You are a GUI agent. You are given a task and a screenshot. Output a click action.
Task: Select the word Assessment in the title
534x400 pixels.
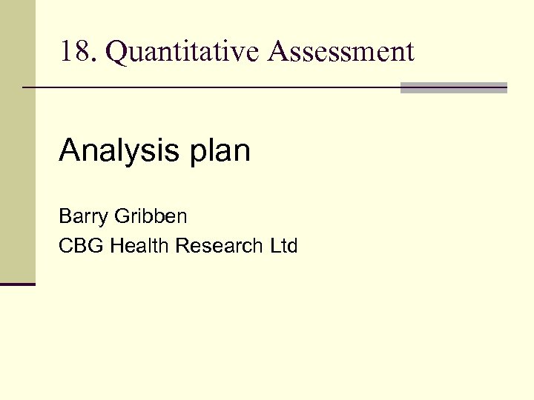click(342, 53)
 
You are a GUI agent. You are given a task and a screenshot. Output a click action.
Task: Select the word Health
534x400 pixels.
click(140, 246)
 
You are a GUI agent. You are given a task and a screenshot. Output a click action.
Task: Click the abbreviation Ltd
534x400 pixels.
click(283, 246)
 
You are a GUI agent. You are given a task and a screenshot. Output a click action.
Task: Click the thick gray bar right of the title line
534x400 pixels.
click(453, 87)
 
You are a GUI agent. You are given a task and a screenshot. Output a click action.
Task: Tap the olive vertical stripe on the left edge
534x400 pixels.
click(17, 141)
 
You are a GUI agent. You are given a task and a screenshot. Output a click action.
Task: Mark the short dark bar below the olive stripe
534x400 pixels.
click(17, 284)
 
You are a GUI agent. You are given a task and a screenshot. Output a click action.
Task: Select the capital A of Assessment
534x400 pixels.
click(278, 53)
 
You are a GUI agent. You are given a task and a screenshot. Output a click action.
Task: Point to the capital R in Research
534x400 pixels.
click(183, 246)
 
